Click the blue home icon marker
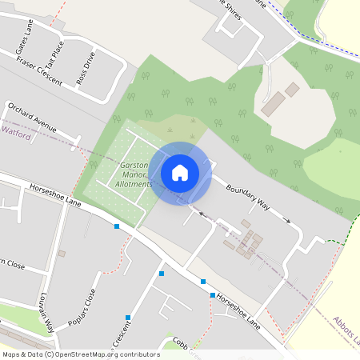(180, 172)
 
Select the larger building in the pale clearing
(273, 103)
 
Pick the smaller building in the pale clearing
(292, 89)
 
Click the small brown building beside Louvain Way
(61, 254)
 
